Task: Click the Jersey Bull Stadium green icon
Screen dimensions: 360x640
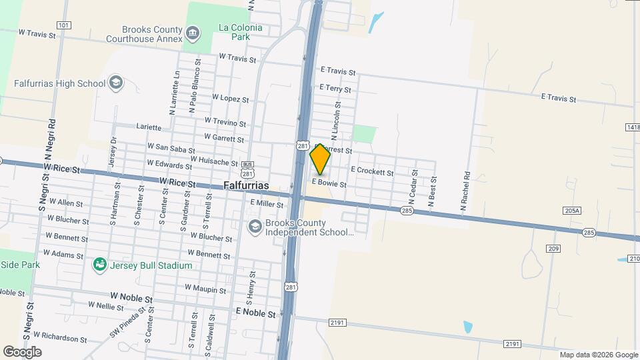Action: pos(100,265)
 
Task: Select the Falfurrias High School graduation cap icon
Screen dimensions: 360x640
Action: pos(116,83)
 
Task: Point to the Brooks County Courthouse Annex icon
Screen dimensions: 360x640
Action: pos(193,33)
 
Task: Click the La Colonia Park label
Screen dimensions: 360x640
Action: pos(241,32)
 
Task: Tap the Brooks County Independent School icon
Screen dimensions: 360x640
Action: pos(254,227)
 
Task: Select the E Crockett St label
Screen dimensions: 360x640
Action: pos(372,171)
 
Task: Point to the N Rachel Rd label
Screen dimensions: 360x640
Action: pos(467,192)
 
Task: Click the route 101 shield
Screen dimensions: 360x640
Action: pos(64,25)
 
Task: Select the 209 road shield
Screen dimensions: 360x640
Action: pos(553,249)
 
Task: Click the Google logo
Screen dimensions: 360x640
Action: pos(22,351)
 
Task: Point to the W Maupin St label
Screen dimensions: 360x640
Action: pos(211,287)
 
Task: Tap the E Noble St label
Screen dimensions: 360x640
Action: pos(255,312)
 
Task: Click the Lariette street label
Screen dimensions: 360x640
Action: pos(149,127)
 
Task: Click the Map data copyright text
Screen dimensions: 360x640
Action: pos(598,355)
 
